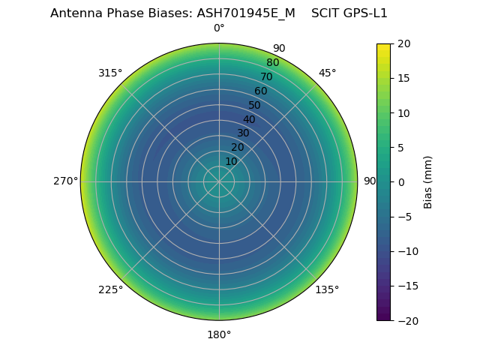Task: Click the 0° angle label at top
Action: [219, 28]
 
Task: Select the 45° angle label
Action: [327, 73]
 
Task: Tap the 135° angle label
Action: [327, 290]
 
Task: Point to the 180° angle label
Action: [219, 334]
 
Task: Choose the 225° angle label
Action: [110, 290]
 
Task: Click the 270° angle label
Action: [65, 181]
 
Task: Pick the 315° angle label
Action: [110, 73]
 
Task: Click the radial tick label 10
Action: [231, 161]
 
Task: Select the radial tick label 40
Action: [249, 119]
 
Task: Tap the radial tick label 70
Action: [266, 76]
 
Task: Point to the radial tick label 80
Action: [272, 62]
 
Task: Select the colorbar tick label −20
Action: [406, 320]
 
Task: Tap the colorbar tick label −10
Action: [406, 251]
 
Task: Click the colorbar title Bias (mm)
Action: [428, 181]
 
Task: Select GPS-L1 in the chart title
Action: [364, 13]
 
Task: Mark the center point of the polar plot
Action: [219, 181]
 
